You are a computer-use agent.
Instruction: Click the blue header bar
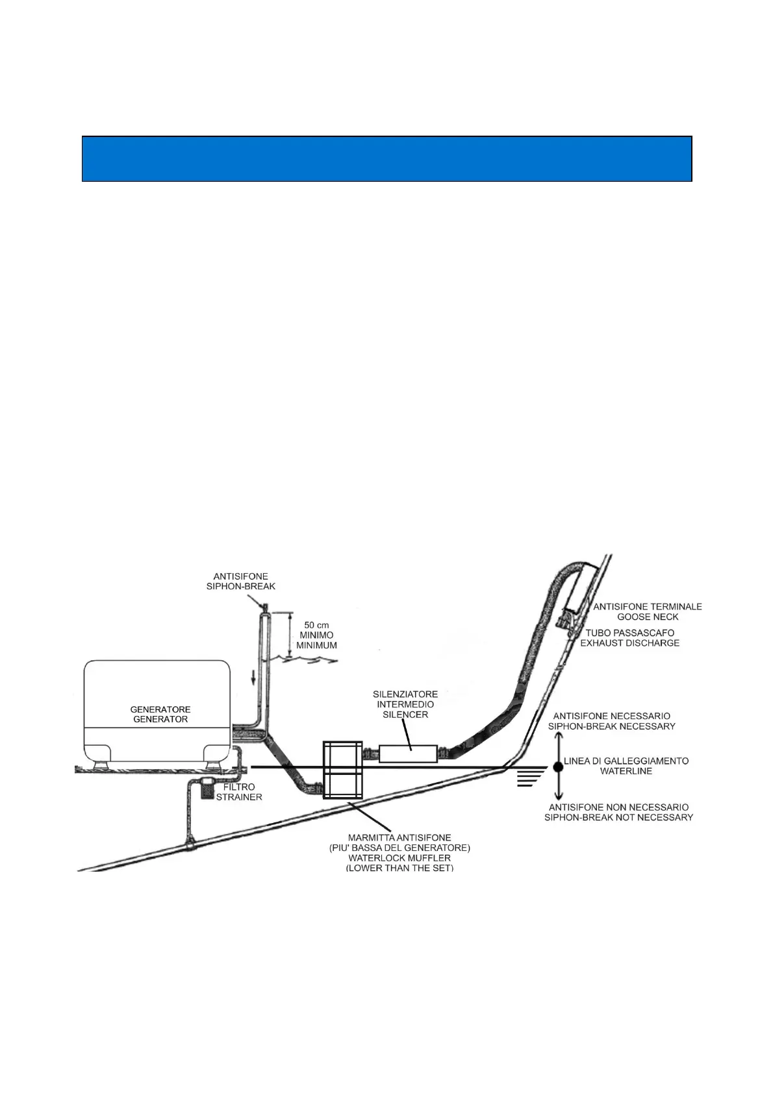[386, 158]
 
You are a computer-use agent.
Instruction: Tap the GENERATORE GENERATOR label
[160, 714]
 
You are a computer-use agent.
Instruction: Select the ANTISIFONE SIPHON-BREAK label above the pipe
[240, 581]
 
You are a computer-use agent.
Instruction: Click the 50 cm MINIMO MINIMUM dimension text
[316, 635]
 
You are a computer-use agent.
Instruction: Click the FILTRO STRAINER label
[239, 792]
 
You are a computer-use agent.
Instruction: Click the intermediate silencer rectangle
[407, 754]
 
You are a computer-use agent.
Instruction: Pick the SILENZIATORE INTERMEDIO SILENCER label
[405, 704]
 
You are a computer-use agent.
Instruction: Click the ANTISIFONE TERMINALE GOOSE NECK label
[648, 611]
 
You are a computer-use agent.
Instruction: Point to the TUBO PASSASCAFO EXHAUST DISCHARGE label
[629, 637]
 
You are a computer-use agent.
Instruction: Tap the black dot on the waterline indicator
[557, 767]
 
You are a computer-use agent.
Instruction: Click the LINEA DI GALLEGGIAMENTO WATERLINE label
[626, 766]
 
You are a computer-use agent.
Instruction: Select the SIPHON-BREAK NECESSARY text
[612, 726]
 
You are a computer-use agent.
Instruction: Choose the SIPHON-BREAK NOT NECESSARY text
[618, 817]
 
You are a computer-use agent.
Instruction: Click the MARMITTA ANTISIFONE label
[399, 838]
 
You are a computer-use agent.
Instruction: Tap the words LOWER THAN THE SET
[399, 868]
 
